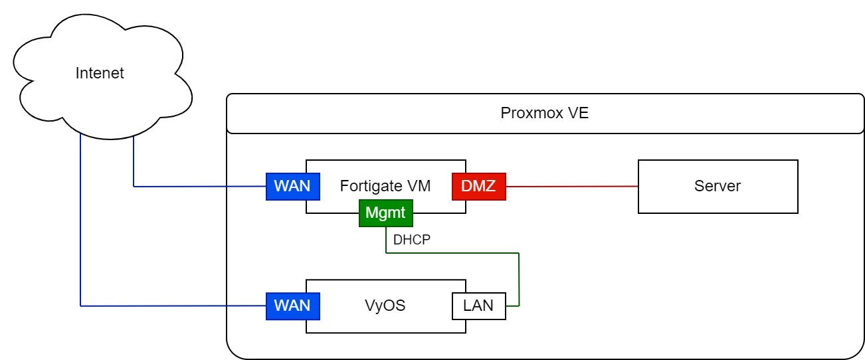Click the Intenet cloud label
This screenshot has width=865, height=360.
tap(100, 73)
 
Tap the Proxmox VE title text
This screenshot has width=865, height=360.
tap(544, 113)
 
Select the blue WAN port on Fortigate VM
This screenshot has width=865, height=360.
tap(292, 186)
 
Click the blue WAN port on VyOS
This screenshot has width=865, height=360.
tap(292, 306)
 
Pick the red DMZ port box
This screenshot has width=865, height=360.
tap(478, 186)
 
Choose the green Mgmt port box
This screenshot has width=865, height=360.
tap(385, 214)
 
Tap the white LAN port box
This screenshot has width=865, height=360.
tap(478, 306)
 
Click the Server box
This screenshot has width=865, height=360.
tap(718, 186)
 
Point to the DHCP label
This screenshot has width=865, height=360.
tap(413, 240)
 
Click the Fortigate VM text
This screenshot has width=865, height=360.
tap(385, 186)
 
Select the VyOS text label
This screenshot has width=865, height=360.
tap(385, 306)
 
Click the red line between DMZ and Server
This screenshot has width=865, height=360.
tap(571, 187)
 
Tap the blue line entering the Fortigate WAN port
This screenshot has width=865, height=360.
tap(199, 187)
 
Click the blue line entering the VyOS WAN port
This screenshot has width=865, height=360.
tap(173, 306)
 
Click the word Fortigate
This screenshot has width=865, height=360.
tap(371, 186)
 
